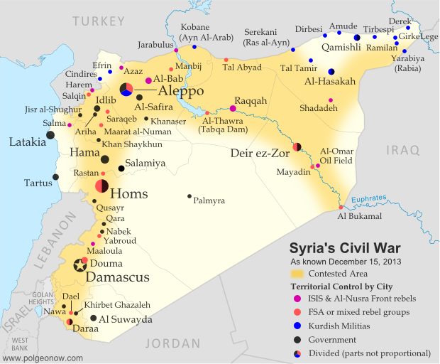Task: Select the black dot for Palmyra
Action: coord(189,196)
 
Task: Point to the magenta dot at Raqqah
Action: coord(233,109)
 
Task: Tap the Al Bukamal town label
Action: coord(360,216)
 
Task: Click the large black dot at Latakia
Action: coord(50,134)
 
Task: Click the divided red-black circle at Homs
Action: coord(101,186)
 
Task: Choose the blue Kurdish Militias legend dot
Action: coord(295,326)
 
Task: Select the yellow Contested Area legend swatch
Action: coord(295,272)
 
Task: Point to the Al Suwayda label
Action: coord(126,320)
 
